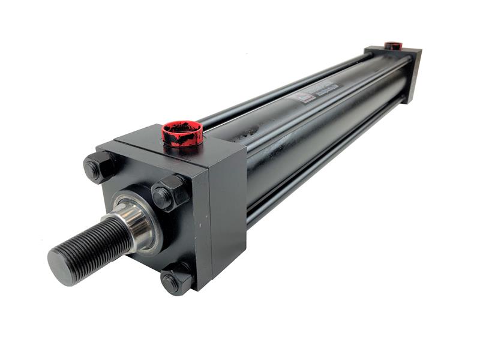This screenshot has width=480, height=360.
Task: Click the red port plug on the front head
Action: pos(182,133)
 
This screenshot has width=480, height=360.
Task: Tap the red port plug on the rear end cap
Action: pos(394,46)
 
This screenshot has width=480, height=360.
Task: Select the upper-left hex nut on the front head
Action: pos(100,166)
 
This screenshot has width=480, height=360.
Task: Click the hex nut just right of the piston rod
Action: pos(169,193)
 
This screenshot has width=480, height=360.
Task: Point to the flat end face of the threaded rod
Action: pos(61,266)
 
